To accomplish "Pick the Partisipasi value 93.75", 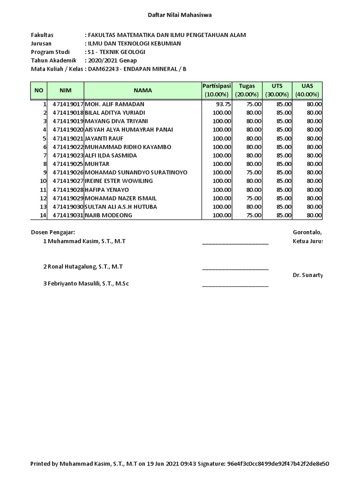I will [x=223, y=104].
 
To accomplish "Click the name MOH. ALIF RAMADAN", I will [x=114, y=104].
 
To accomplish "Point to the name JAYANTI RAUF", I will [x=102, y=138].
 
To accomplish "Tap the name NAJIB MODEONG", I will [x=108, y=215].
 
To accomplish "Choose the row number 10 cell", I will [x=43, y=181].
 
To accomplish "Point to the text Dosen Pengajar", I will [x=53, y=232].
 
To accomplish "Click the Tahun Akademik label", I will [x=53, y=60].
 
